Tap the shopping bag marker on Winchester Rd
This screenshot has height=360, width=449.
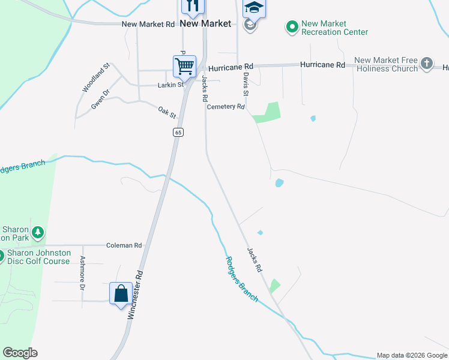pos(121,293)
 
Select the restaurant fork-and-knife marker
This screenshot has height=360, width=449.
pos(193,6)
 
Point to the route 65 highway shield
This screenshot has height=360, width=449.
pos(178,132)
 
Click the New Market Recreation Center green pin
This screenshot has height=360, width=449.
pos(292,26)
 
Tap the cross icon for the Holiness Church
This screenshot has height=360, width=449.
pos(426,63)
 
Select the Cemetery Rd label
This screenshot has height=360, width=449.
pos(226,107)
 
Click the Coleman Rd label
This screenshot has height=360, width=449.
pos(124,245)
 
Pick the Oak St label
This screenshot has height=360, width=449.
pos(167,112)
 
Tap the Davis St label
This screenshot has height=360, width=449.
pos(246,85)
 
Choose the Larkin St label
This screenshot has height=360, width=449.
pos(170,85)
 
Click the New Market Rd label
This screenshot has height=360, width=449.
pos(148,25)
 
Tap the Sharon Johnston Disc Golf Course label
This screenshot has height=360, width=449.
pos(38,257)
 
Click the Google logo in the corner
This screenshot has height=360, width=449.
pos(20,353)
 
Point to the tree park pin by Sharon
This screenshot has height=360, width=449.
pos(38,232)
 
